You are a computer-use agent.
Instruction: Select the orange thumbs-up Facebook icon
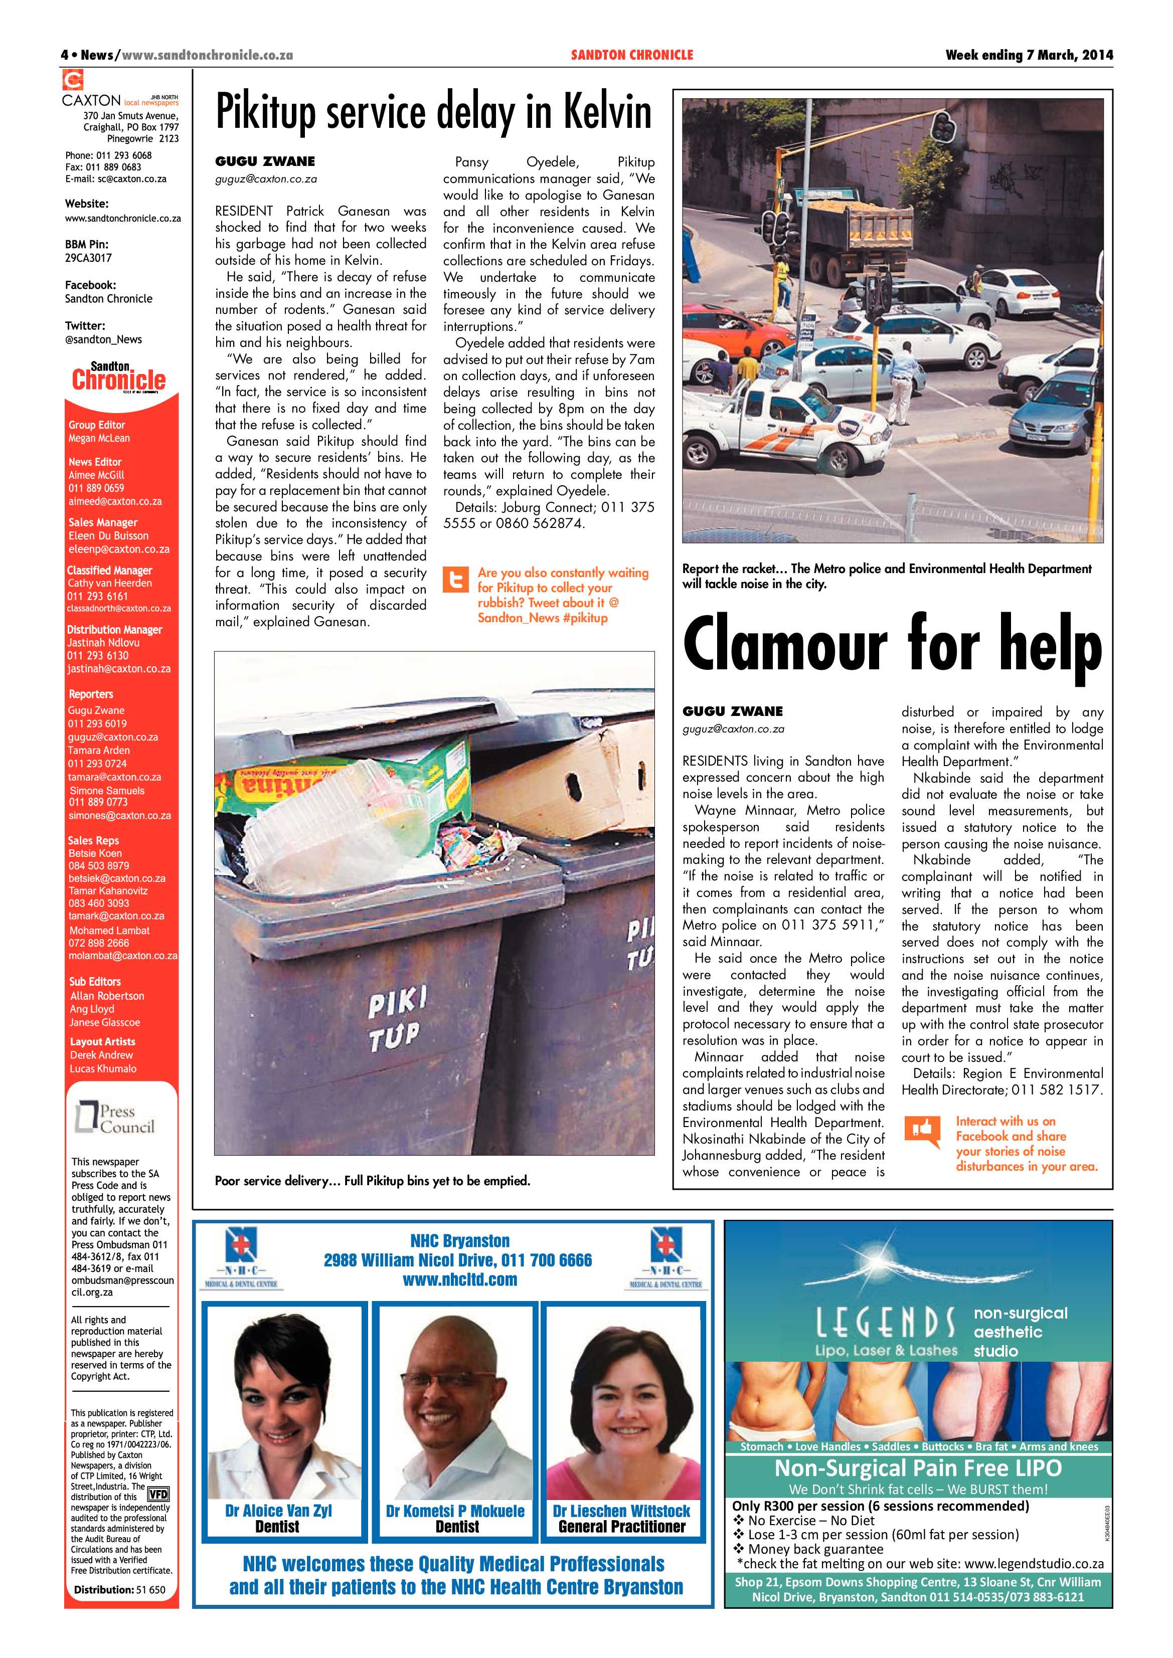(922, 1132)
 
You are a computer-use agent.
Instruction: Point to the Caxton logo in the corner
(74, 80)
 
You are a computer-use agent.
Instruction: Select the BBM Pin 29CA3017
(88, 258)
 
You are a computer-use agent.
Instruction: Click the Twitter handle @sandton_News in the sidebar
(103, 339)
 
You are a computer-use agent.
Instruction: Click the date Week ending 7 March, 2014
(1029, 55)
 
